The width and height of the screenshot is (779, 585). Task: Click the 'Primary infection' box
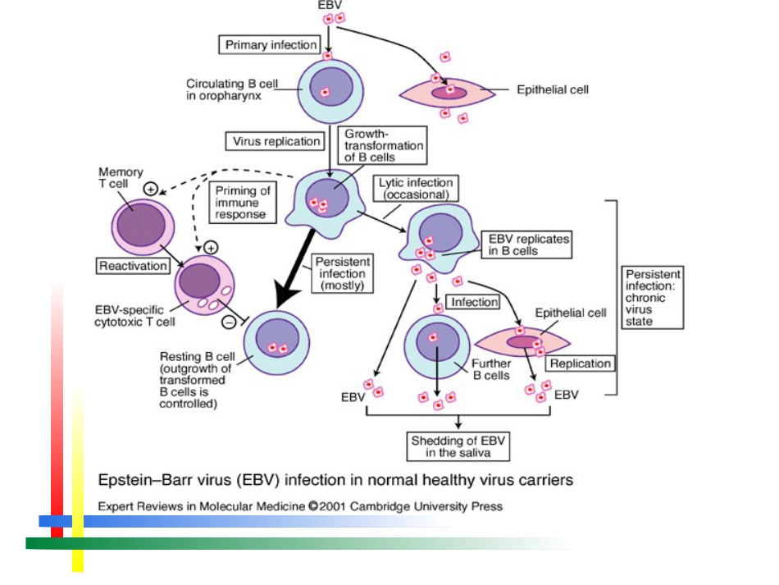point(270,45)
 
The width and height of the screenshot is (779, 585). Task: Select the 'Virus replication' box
point(276,141)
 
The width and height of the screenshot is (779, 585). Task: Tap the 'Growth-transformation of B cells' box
point(382,145)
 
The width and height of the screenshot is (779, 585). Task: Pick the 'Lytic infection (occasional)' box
point(416,189)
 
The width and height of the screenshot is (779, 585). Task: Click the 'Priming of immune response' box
point(243,203)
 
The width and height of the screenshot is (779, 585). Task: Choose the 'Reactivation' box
point(133,266)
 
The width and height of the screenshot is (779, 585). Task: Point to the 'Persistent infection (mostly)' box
point(342,273)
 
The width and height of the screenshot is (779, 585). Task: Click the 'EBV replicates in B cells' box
point(526,245)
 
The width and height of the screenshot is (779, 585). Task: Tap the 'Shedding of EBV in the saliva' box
point(458,446)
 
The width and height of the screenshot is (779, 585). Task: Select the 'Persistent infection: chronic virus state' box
point(653,297)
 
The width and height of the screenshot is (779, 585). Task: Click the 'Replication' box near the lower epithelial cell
point(581,363)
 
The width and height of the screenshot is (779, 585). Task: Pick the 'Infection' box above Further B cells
point(473,302)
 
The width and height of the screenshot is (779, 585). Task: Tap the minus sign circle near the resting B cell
point(229,322)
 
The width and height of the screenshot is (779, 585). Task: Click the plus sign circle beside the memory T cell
point(151,189)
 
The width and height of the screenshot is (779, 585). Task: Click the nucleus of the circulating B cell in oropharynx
point(331,86)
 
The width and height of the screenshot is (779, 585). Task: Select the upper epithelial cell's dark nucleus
point(449,93)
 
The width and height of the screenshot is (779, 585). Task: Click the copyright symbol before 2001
point(312,506)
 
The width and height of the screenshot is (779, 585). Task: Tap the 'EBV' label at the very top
point(330,6)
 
